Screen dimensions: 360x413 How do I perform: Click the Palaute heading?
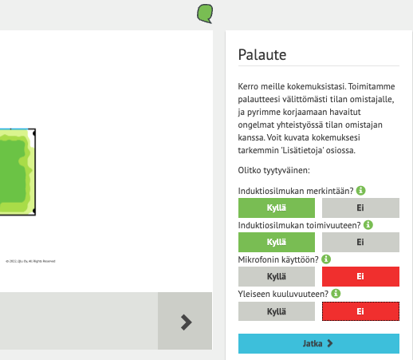click(x=262, y=55)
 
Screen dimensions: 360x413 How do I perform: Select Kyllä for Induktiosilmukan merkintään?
click(x=277, y=208)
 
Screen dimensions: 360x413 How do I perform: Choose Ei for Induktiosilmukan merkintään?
click(x=360, y=208)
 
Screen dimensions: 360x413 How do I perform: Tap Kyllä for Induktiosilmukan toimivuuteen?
click(x=277, y=242)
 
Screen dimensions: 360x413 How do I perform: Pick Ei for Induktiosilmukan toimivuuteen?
click(x=360, y=242)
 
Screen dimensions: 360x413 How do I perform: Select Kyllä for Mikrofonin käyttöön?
click(x=277, y=276)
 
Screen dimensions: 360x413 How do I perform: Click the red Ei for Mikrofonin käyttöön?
click(x=360, y=276)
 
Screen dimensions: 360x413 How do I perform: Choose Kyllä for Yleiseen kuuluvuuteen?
click(x=277, y=311)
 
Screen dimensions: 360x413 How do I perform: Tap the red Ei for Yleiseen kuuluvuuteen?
click(x=360, y=311)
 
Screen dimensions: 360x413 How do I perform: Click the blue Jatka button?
click(x=318, y=343)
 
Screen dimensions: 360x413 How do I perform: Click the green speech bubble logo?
click(x=205, y=13)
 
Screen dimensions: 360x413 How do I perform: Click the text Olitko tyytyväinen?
click(x=273, y=170)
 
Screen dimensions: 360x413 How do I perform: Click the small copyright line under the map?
click(x=30, y=260)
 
